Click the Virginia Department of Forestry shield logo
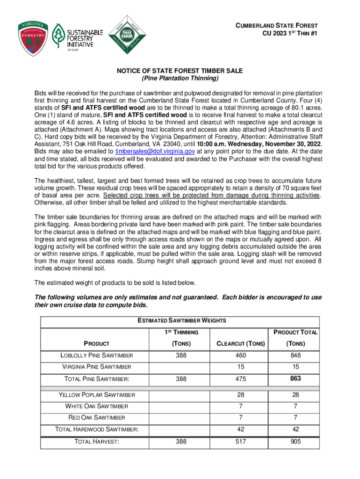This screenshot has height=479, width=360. pyautogui.click(x=33, y=38)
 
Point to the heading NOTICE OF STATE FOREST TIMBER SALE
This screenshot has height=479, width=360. pyautogui.click(x=180, y=71)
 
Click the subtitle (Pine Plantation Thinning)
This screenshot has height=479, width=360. pyautogui.click(x=180, y=78)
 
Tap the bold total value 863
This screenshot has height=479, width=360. pyautogui.click(x=295, y=378)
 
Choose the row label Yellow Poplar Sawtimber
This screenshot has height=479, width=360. pyautogui.click(x=97, y=395)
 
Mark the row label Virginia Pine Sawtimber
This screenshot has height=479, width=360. pyautogui.click(x=97, y=367)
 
